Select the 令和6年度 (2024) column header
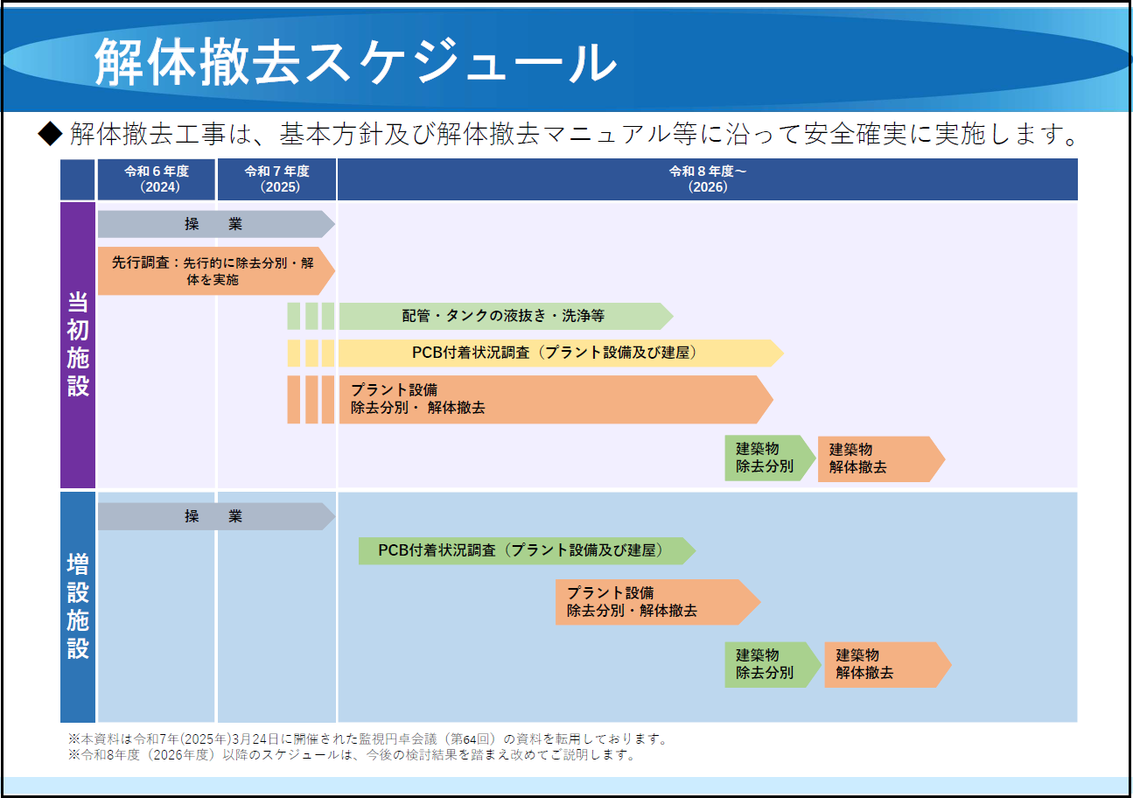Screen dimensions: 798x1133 coord(157,179)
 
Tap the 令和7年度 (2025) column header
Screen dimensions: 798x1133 coord(277,179)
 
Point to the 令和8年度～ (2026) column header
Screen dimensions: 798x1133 coord(707,179)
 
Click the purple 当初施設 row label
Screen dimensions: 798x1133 coord(78,345)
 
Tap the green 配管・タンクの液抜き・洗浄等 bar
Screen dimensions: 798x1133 coord(503,316)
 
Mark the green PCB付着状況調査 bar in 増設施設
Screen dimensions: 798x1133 coord(522,551)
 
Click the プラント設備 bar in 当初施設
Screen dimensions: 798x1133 coord(551,400)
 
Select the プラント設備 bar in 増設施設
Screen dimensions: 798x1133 coord(652,602)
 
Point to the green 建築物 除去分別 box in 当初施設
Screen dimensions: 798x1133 coord(766,458)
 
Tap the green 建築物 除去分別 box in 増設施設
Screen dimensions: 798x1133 coord(766,665)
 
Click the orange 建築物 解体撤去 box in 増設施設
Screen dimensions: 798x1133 coord(882,665)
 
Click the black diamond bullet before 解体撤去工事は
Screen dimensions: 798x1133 coord(51,134)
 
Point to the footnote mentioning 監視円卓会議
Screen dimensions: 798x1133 coord(368,739)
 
